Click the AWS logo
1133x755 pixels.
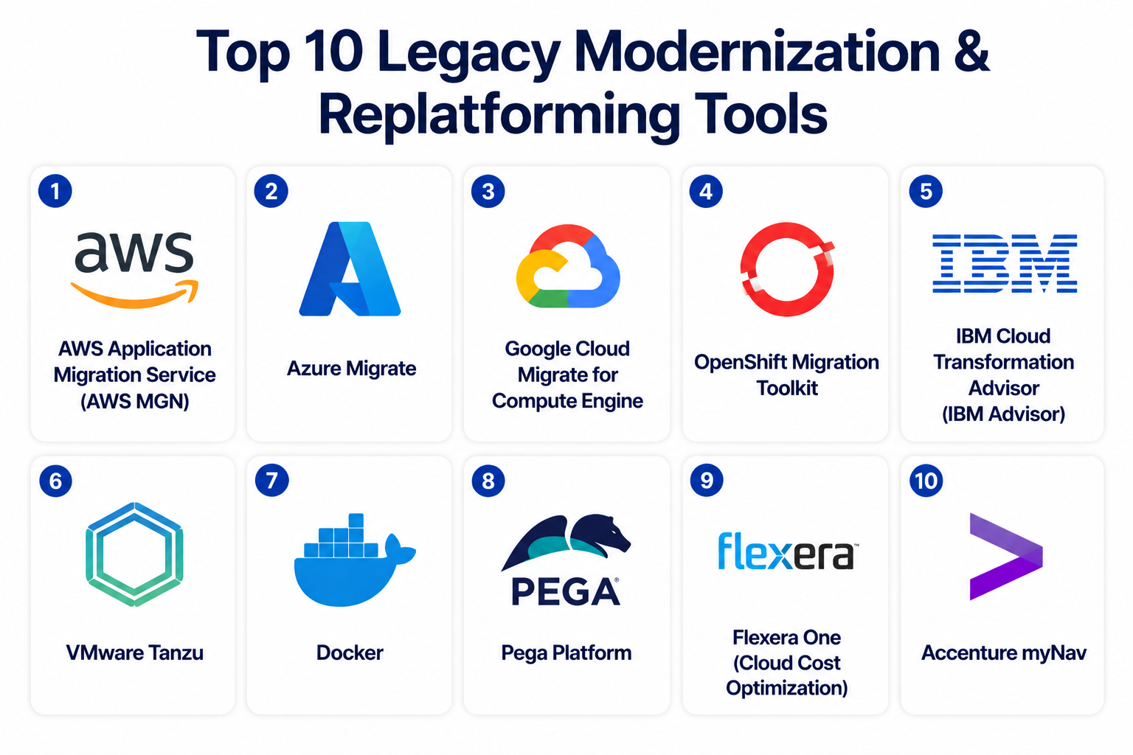pos(134,269)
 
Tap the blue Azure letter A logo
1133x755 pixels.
pos(350,269)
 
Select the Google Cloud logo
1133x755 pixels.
pos(568,266)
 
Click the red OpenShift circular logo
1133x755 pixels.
pos(787,269)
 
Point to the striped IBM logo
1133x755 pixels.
pos(1005,263)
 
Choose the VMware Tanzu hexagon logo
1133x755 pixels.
pos(134,554)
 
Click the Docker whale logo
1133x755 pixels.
pos(355,560)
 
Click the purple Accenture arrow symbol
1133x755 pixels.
pos(1005,556)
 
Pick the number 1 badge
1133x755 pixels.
pos(55,191)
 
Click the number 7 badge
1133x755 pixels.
pos(271,481)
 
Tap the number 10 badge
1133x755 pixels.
pos(926,481)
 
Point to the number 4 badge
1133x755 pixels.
pos(706,191)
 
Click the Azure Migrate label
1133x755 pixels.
pos(352,369)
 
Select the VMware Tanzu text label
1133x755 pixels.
pos(134,653)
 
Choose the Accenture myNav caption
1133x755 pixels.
pos(1004,653)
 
